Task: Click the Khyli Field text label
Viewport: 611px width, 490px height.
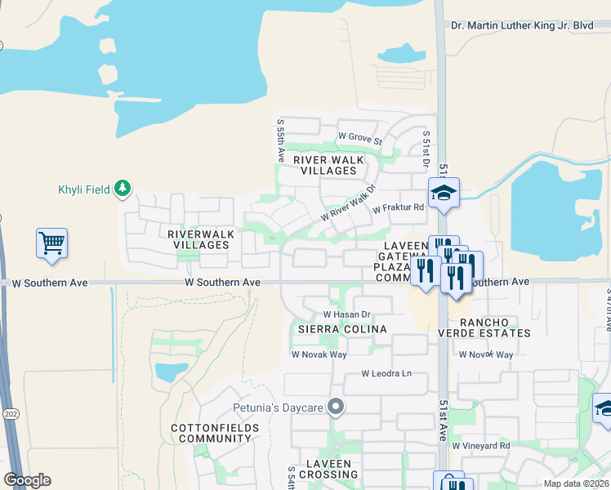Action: tap(84, 189)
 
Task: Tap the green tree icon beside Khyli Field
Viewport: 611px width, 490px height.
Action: tap(123, 189)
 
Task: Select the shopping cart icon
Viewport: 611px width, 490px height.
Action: tap(51, 243)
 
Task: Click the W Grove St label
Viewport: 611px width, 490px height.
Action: tap(360, 136)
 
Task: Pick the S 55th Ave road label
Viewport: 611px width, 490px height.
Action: tap(280, 141)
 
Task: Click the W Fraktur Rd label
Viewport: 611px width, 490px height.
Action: tap(398, 208)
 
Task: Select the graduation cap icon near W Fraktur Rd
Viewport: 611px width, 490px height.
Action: tap(444, 193)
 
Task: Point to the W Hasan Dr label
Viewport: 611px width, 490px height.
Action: tap(347, 314)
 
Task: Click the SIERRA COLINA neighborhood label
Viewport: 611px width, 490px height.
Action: tap(341, 328)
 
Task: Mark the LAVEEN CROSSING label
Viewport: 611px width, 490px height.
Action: tap(328, 469)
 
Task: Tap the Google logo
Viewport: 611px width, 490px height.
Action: tap(27, 480)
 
